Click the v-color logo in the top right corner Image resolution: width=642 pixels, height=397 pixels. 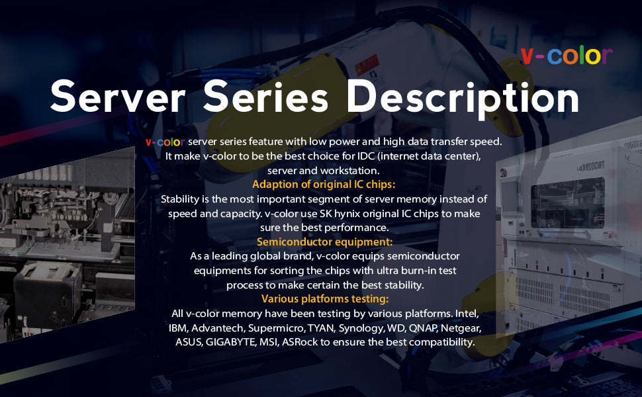point(567,56)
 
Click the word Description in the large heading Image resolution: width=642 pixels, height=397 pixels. point(463,98)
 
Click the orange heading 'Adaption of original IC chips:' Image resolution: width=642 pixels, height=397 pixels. point(324,184)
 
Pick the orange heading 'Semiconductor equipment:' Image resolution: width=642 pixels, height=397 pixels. point(324,242)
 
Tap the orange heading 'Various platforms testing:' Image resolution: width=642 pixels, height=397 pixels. point(324,298)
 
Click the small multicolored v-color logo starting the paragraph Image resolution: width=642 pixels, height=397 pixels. point(165,142)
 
